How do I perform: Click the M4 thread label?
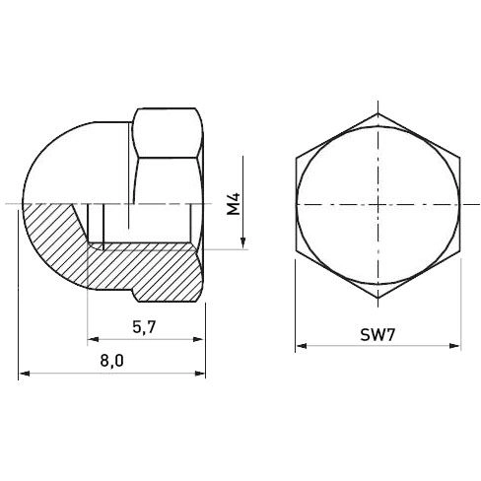[x=234, y=204]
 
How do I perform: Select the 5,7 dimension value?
[x=144, y=327]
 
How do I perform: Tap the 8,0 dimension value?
[x=112, y=361]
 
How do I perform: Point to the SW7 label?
[x=378, y=335]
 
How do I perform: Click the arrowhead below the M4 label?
[x=243, y=243]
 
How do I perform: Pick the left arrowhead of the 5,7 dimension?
[x=93, y=339]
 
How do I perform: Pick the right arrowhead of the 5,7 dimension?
[x=198, y=339]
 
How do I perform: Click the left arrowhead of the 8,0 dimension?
[x=25, y=374]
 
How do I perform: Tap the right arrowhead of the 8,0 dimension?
[x=200, y=374]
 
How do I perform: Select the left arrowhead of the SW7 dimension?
[x=301, y=346]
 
